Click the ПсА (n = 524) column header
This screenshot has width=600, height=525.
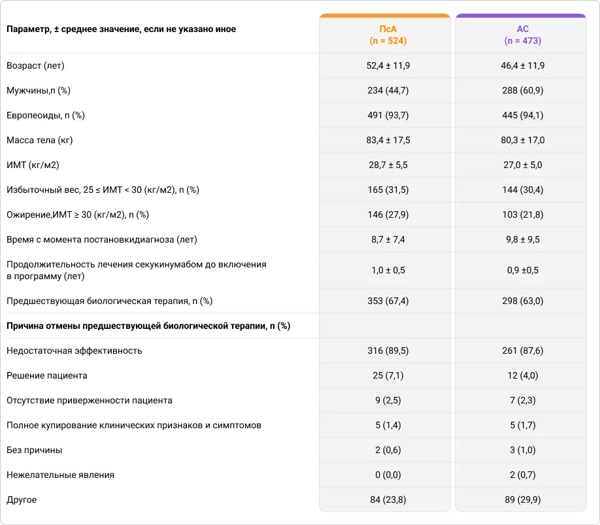tap(384, 35)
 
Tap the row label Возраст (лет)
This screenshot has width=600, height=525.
tap(35, 66)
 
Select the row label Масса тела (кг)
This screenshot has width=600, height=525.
tap(39, 141)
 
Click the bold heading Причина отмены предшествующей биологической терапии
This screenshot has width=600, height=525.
tap(148, 326)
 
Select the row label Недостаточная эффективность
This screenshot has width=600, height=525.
tap(74, 351)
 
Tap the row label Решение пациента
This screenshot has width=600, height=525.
tap(46, 376)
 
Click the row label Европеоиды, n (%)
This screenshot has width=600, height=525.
tap(46, 116)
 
